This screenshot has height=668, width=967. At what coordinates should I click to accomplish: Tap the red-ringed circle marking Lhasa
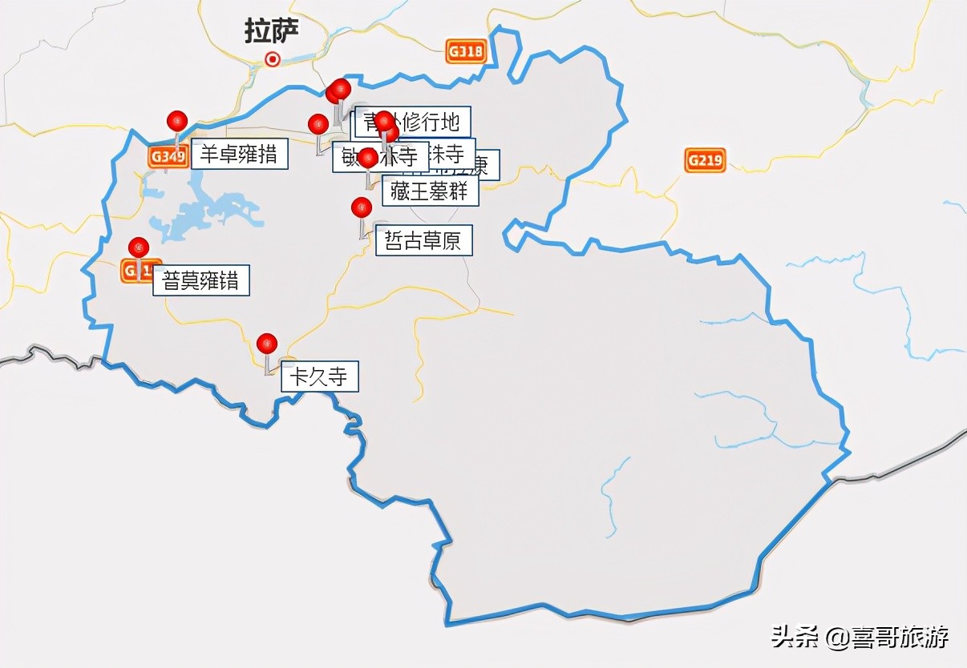[x=273, y=58]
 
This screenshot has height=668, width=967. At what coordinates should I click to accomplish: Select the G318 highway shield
[x=466, y=52]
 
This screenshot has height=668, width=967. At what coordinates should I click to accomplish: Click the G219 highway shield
[x=705, y=160]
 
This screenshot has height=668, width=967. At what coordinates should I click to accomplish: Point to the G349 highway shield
[x=168, y=157]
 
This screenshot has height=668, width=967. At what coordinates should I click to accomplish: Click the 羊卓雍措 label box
[x=239, y=154]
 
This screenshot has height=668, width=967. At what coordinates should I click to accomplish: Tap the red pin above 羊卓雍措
[x=177, y=121]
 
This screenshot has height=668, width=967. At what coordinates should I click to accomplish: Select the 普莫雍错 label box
[x=201, y=280]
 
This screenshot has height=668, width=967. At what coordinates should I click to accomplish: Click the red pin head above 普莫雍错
[x=139, y=247]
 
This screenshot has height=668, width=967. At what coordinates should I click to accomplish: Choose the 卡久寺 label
[x=319, y=376]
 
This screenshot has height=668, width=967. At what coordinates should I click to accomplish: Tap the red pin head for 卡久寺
[x=267, y=344]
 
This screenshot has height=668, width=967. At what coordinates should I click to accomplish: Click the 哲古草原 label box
[x=423, y=240]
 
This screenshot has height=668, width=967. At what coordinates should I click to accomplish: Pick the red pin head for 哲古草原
[x=362, y=207]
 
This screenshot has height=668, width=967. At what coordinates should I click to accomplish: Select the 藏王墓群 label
[x=430, y=191]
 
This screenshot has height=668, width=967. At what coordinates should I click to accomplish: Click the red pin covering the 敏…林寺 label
[x=368, y=158]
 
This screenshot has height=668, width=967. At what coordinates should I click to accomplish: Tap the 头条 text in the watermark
[x=795, y=638]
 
